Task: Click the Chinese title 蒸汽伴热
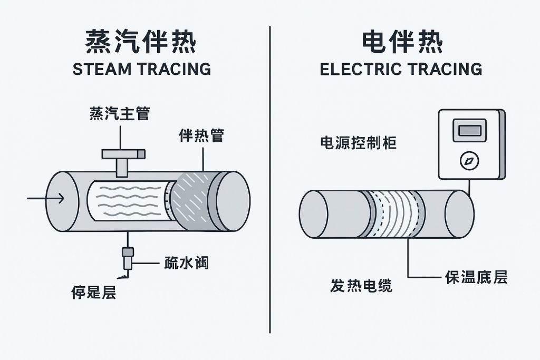point(141,41)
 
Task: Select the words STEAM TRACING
point(141,69)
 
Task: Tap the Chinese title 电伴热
point(401,41)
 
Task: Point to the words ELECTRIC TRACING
point(401,69)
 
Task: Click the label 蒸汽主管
point(120,113)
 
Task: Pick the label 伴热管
point(201,135)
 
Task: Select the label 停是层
point(94,291)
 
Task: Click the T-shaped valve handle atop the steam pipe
point(123,154)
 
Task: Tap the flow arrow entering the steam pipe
point(46,198)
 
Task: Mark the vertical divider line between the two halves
point(270,179)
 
